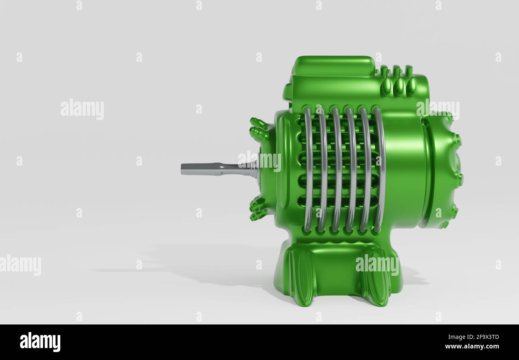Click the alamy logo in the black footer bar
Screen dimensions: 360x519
(x=40, y=342)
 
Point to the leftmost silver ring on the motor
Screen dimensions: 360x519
(x=308, y=170)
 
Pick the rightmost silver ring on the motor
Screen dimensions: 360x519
(x=380, y=170)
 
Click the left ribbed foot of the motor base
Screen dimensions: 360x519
(x=302, y=277)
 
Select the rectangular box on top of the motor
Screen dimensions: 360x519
(x=334, y=66)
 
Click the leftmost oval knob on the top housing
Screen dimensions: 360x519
(x=386, y=86)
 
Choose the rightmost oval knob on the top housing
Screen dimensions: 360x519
(x=411, y=86)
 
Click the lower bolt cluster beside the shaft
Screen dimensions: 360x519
(x=258, y=209)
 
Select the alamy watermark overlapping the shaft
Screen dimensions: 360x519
(x=259, y=161)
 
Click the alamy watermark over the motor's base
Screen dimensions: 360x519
(x=377, y=265)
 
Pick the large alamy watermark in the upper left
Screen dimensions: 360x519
(x=82, y=109)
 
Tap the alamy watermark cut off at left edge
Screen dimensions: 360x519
(x=20, y=265)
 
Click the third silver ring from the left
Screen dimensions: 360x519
(x=337, y=170)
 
